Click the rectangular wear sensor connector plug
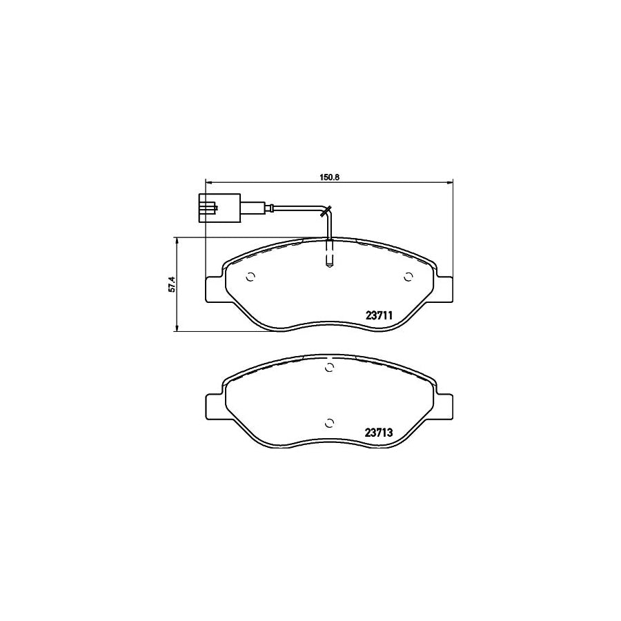219,208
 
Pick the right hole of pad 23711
408,277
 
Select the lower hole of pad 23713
329,423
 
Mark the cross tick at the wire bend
327,211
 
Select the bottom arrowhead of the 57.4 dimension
177,329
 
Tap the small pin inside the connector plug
216,206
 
